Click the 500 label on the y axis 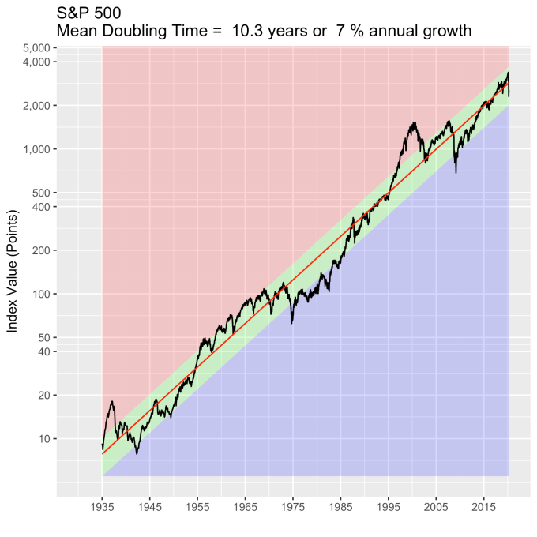coord(41,192)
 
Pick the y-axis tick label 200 coord(41,250)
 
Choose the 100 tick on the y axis coord(41,294)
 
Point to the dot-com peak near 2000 coord(414,123)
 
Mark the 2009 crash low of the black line coord(456,172)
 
